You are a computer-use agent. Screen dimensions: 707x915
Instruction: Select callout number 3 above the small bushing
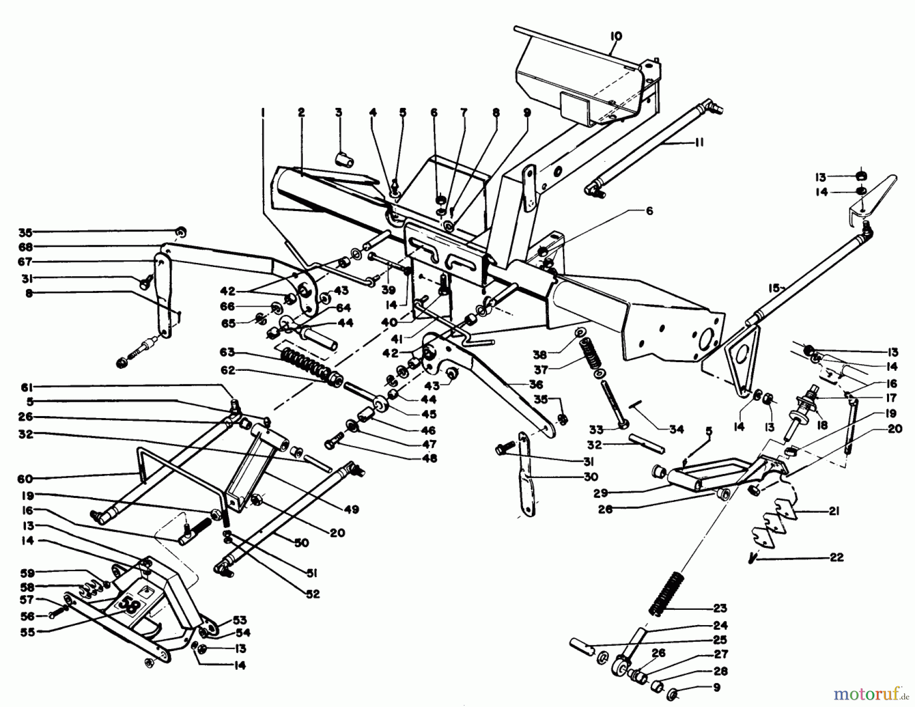[339, 112]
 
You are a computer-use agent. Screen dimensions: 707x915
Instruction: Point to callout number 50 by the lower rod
[301, 543]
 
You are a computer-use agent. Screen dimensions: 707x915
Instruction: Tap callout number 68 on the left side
[25, 247]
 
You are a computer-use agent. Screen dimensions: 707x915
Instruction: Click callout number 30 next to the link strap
[591, 477]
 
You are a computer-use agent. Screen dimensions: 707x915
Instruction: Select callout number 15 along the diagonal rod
[773, 288]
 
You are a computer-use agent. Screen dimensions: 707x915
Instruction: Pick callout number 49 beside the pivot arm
[351, 509]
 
